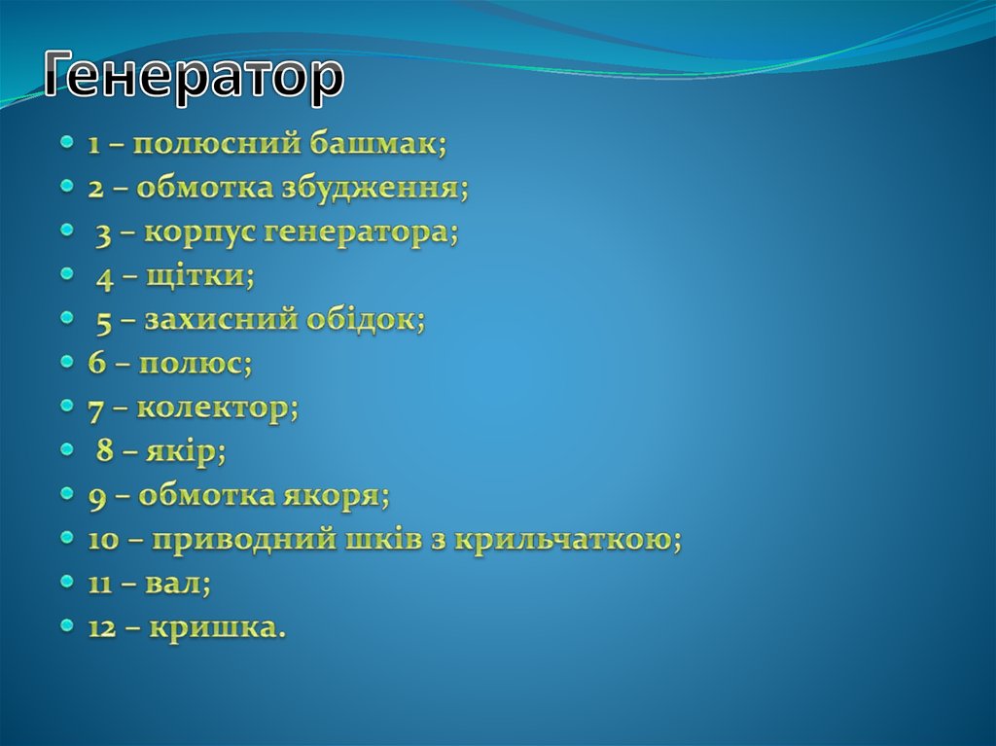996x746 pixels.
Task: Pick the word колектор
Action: pyautogui.click(x=217, y=409)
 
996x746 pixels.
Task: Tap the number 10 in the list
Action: pyautogui.click(x=101, y=541)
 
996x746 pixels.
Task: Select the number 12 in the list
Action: pyautogui.click(x=101, y=628)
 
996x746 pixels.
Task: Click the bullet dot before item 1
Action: pyautogui.click(x=66, y=142)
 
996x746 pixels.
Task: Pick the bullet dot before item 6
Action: pyautogui.click(x=66, y=362)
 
